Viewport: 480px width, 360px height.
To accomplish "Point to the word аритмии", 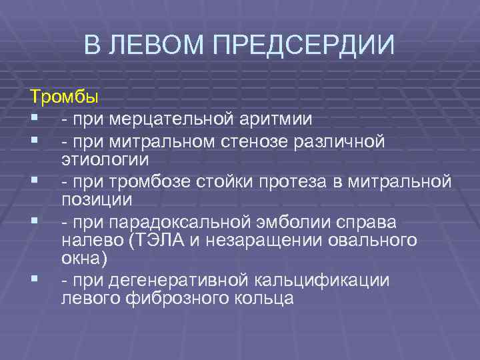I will click(x=273, y=119).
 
